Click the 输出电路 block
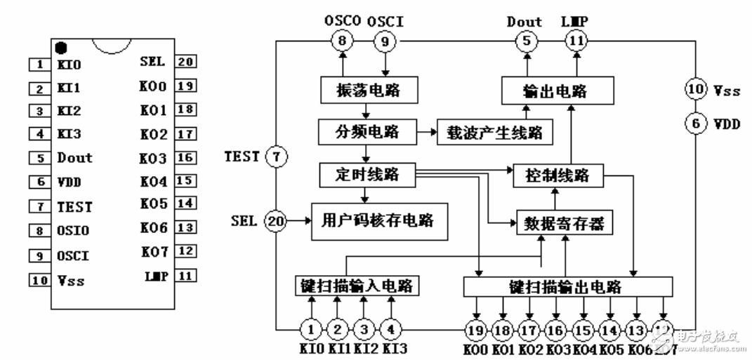pyautogui.click(x=557, y=91)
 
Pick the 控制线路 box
pyautogui.click(x=559, y=175)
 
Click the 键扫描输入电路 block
pyautogui.click(x=358, y=287)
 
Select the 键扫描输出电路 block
pyautogui.click(x=568, y=287)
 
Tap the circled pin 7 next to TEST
pyautogui.click(x=277, y=157)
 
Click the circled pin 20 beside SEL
pyautogui.click(x=276, y=220)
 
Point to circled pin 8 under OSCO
pyautogui.click(x=342, y=41)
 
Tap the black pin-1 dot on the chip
pyautogui.click(x=61, y=48)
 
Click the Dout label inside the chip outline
pyautogui.click(x=74, y=158)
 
